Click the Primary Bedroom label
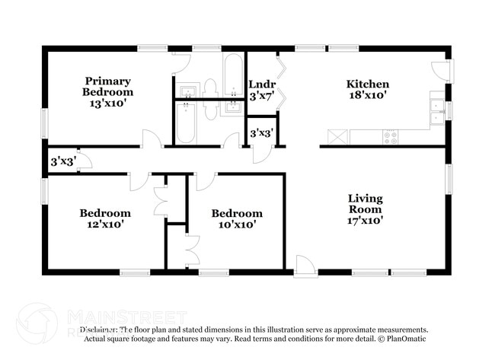(x=107, y=92)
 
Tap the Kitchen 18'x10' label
(x=368, y=90)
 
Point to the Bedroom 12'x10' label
(x=105, y=218)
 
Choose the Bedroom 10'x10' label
(x=237, y=218)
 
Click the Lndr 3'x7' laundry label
(x=261, y=90)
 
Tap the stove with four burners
(x=391, y=138)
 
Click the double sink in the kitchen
(x=437, y=111)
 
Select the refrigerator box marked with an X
(x=336, y=137)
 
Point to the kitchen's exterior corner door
(x=441, y=71)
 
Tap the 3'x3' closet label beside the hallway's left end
(x=62, y=162)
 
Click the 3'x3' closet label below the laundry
(x=261, y=134)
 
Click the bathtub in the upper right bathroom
(x=232, y=72)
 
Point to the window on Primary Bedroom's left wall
(x=44, y=122)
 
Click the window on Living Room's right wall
(x=450, y=180)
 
